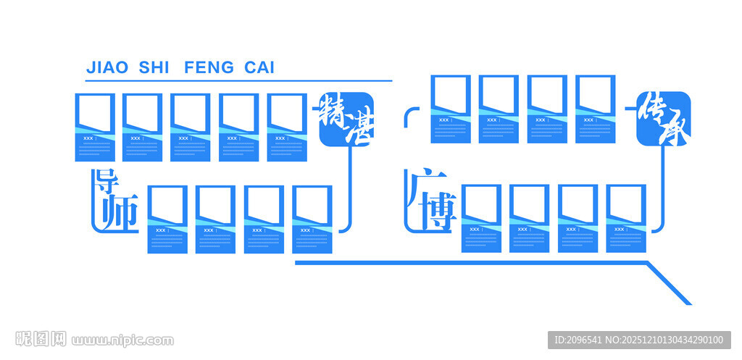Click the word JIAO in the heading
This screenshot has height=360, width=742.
point(107,68)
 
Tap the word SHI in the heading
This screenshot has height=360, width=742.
point(153,68)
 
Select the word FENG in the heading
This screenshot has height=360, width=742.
point(209,68)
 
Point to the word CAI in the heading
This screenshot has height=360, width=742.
point(259,68)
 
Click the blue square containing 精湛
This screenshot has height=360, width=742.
point(346,120)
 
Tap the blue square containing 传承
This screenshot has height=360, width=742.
point(663,118)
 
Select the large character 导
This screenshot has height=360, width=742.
point(107,183)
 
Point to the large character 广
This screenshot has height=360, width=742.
point(420,185)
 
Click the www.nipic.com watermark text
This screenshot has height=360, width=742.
point(122,340)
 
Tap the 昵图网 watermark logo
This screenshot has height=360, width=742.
point(41,339)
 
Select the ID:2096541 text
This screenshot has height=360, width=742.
point(578,340)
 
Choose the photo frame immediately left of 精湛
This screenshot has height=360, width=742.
point(287,127)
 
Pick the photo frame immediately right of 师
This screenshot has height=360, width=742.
point(167,219)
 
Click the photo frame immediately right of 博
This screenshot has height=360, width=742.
point(481,218)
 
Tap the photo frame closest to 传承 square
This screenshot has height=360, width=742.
point(595,109)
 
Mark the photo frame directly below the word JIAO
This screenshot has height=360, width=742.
point(95,127)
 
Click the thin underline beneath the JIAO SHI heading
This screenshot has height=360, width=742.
point(238,80)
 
